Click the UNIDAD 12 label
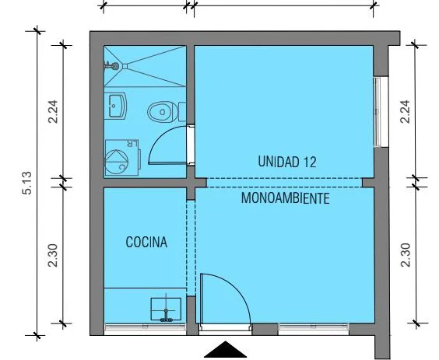point(287,162)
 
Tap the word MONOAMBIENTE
point(285,198)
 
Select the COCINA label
point(146,242)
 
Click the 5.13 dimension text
point(27,183)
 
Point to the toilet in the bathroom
point(167,112)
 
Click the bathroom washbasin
point(116,106)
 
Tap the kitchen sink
point(166,309)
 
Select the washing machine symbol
point(122,158)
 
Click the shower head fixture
point(112,66)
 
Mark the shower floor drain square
point(125,66)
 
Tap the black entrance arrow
point(225,350)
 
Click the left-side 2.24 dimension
point(53,111)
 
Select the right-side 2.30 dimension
point(406,255)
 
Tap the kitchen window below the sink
point(145,329)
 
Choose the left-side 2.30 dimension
point(53,255)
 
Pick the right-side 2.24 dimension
point(406,111)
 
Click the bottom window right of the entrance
point(314,328)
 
